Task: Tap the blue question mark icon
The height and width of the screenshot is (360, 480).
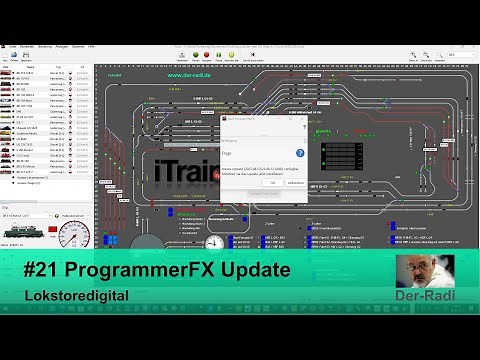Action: pos(301,153)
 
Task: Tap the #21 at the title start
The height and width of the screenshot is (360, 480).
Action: pos(50,271)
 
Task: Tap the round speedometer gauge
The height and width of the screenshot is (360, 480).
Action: pos(73,236)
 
